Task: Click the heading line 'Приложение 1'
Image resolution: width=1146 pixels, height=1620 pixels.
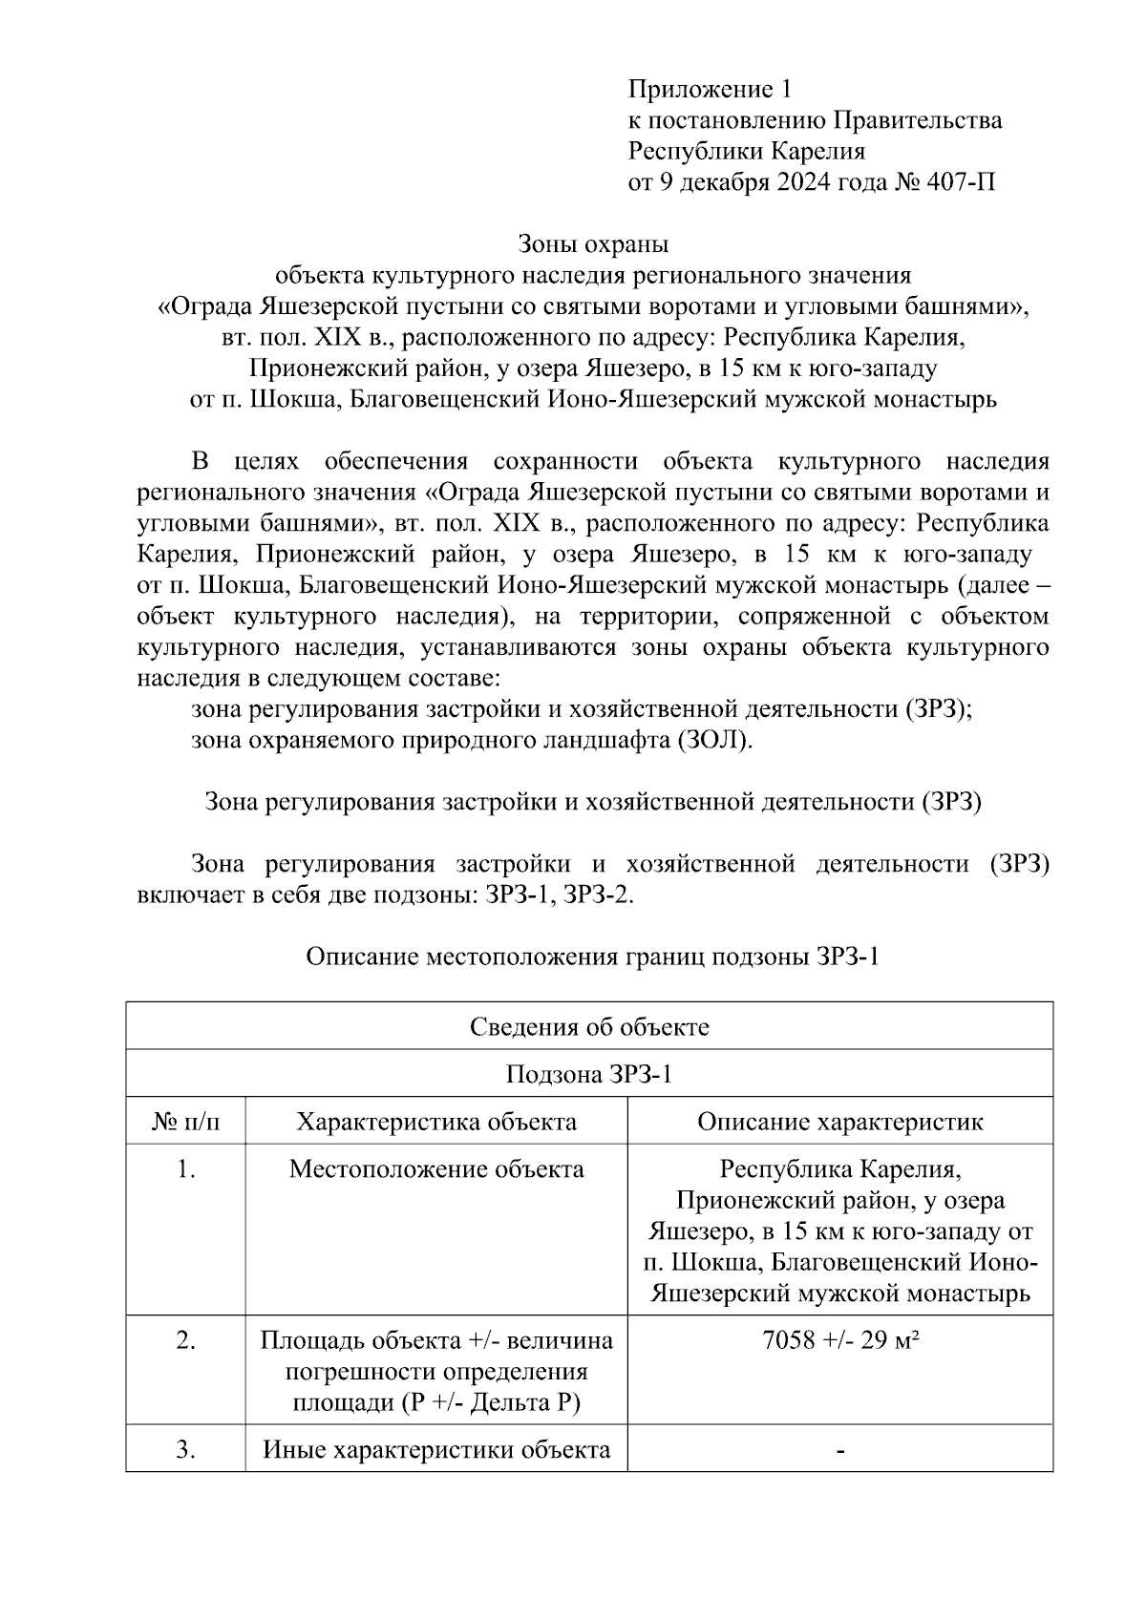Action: tap(710, 90)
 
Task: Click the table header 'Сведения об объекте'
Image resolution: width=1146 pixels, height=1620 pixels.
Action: tap(589, 1027)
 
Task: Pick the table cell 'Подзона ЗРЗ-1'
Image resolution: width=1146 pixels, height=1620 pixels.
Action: tap(589, 1074)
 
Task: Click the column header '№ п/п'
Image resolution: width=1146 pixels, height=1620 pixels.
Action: tap(185, 1122)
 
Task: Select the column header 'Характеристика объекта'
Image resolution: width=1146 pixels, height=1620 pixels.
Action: tap(436, 1122)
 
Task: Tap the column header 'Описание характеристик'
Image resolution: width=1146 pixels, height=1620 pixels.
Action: tap(839, 1122)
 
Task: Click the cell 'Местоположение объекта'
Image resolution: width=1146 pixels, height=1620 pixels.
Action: tap(436, 1168)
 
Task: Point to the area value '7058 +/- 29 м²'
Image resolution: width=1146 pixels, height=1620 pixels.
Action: tap(839, 1340)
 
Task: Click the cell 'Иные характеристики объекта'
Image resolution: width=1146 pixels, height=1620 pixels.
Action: tap(436, 1450)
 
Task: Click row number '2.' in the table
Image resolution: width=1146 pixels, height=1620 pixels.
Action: tap(185, 1340)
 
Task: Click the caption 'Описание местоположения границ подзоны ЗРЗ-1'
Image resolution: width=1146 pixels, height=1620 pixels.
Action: tap(592, 957)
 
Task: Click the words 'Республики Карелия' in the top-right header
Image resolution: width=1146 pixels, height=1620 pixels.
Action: tap(746, 151)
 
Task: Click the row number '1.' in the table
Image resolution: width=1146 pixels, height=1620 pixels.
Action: tap(185, 1168)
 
